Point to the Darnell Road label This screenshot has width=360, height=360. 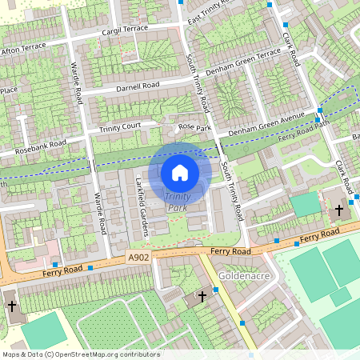coord(137,86)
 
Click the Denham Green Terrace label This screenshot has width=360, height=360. coord(244,63)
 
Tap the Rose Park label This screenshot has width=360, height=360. coord(194,127)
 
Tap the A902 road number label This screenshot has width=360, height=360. coord(138,258)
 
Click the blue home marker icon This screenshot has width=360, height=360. coord(180,172)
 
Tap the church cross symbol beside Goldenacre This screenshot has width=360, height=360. coord(202,296)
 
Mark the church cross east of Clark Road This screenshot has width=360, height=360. coord(338,210)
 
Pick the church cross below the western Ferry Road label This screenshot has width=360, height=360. coord(11,306)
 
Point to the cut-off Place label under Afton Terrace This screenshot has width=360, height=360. coord(9,90)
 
